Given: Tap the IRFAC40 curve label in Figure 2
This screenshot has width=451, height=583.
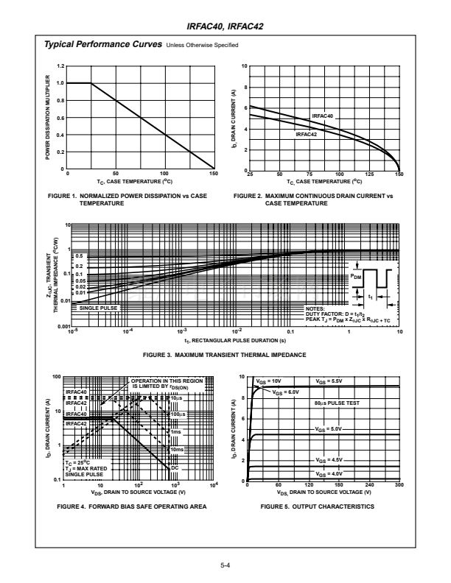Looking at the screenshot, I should pos(323,116).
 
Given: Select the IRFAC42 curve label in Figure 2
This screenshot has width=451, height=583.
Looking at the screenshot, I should pos(307,135).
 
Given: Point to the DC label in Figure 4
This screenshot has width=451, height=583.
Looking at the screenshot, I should pos(175,467).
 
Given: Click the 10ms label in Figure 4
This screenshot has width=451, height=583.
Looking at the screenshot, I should pos(177,448).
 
